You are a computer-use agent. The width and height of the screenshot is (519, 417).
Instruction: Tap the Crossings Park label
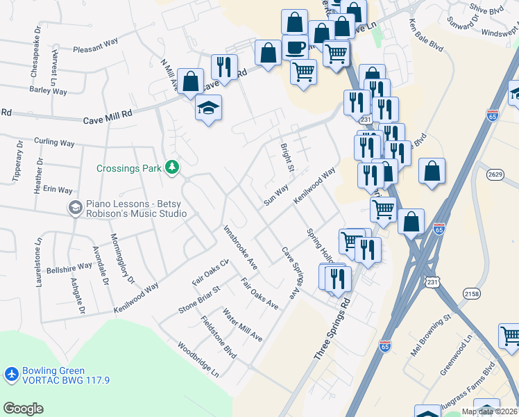(129, 167)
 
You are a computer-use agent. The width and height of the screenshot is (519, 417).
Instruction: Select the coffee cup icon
(295, 47)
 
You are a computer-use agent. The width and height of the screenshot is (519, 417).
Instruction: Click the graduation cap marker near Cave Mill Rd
(207, 108)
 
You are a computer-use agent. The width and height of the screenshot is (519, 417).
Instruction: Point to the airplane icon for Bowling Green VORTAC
(11, 375)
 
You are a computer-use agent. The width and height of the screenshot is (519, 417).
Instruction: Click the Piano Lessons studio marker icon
(75, 207)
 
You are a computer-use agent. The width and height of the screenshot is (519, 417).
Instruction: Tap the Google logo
(23, 409)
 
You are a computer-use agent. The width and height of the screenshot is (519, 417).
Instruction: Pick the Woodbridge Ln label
(198, 359)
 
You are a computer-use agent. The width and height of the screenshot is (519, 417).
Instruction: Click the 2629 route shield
(495, 174)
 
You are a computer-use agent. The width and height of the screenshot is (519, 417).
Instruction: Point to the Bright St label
(287, 158)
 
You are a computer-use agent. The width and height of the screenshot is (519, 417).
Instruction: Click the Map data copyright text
(488, 411)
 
